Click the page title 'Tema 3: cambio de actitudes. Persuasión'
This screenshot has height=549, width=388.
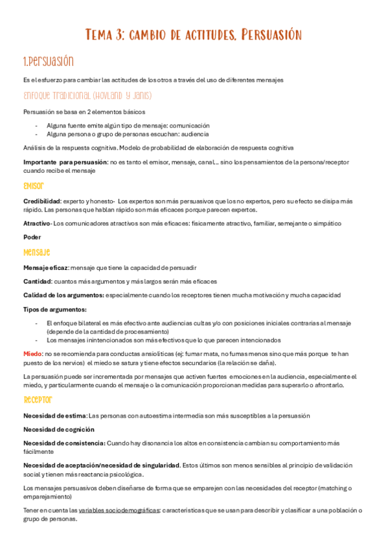[x=194, y=34]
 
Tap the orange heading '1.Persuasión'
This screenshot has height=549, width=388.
[x=48, y=62]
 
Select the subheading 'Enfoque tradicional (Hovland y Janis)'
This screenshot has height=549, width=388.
[x=87, y=96]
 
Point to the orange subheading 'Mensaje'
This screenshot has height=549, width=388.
[x=37, y=252]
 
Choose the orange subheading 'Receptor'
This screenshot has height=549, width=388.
[x=38, y=399]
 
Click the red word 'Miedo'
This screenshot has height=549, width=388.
[x=33, y=353]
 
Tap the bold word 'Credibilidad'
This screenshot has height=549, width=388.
[x=42, y=201]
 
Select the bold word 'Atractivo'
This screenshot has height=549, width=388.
[x=37, y=223]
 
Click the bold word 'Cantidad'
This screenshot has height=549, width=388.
[x=37, y=281]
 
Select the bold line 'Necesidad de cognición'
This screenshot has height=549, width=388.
[x=59, y=429]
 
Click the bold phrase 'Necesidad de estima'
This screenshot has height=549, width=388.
[x=54, y=415]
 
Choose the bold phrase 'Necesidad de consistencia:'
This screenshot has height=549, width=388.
[x=64, y=443]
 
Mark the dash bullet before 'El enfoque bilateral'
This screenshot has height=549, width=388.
[x=36, y=322]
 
